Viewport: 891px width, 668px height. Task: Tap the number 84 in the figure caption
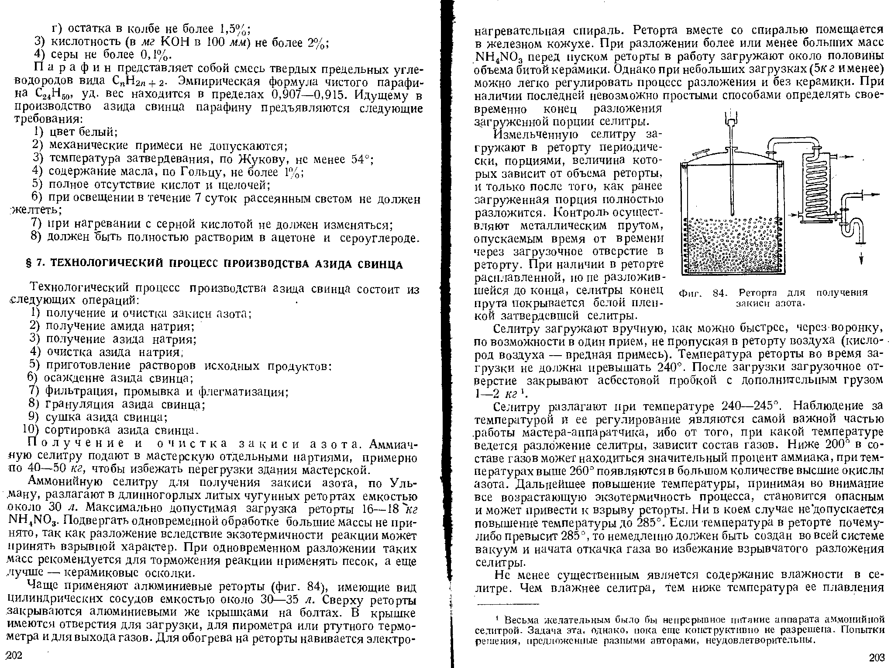coord(720,293)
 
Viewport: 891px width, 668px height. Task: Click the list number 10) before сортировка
coord(31,430)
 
